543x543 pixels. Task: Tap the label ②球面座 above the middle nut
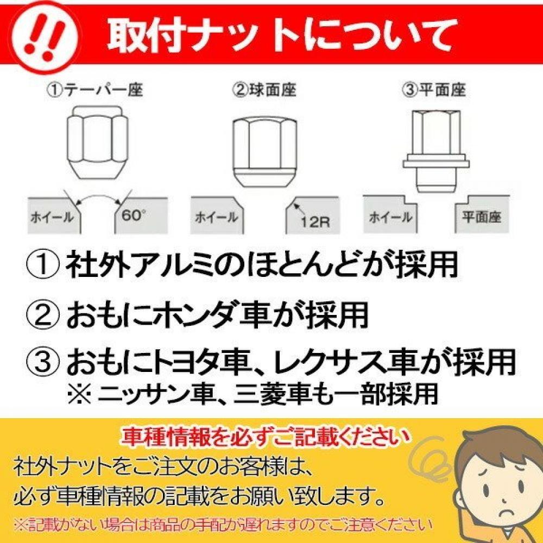(264, 90)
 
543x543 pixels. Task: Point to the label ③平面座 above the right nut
(433, 90)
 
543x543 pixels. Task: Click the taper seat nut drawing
(97, 142)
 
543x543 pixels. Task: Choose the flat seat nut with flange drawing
(436, 151)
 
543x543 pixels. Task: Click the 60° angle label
(134, 216)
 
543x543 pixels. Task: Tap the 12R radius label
(315, 222)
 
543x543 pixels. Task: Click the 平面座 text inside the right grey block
(481, 217)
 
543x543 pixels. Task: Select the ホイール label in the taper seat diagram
(52, 218)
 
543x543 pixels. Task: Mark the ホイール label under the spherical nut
(217, 218)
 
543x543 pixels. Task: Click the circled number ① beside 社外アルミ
(43, 266)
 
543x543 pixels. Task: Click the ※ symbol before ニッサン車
(79, 394)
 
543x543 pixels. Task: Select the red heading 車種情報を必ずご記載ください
(264, 438)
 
